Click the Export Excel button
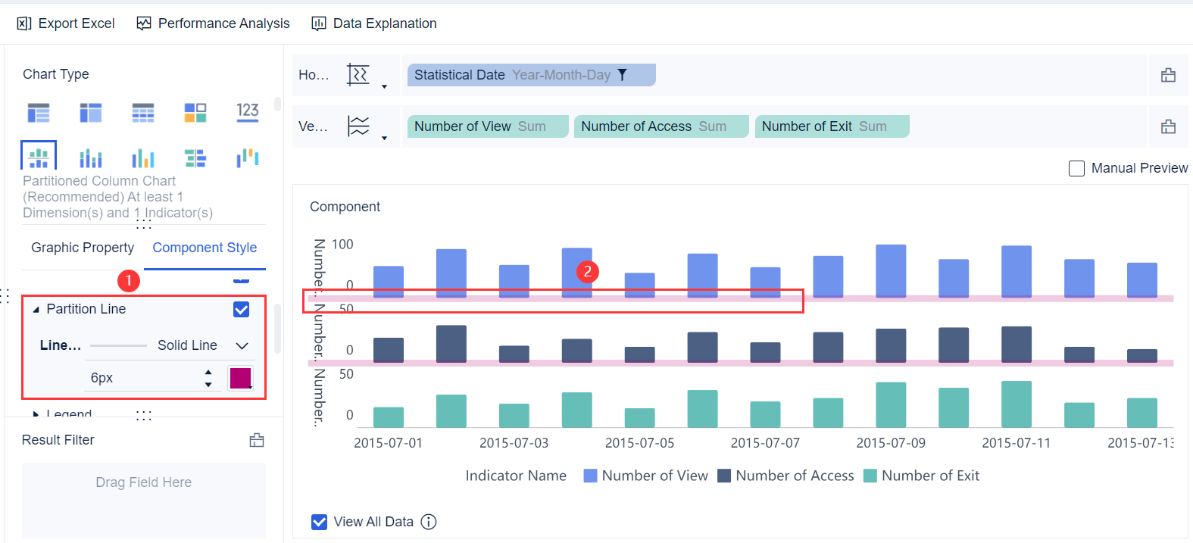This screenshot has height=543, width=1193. [66, 23]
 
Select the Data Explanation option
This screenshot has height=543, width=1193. [374, 23]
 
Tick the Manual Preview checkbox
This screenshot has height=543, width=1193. [1076, 168]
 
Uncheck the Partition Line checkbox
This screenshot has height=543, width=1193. [242, 309]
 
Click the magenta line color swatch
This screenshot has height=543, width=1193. [240, 377]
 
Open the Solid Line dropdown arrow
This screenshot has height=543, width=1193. [242, 345]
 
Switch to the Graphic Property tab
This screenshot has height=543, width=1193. [83, 248]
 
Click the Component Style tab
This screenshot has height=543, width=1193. [205, 248]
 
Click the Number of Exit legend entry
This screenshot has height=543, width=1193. [929, 476]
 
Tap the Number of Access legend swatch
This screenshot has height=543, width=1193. [724, 476]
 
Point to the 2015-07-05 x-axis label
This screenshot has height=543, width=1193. [639, 443]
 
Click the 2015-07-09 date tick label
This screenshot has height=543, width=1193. [891, 443]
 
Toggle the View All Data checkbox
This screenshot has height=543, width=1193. [320, 522]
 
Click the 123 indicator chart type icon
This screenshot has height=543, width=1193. [248, 112]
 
